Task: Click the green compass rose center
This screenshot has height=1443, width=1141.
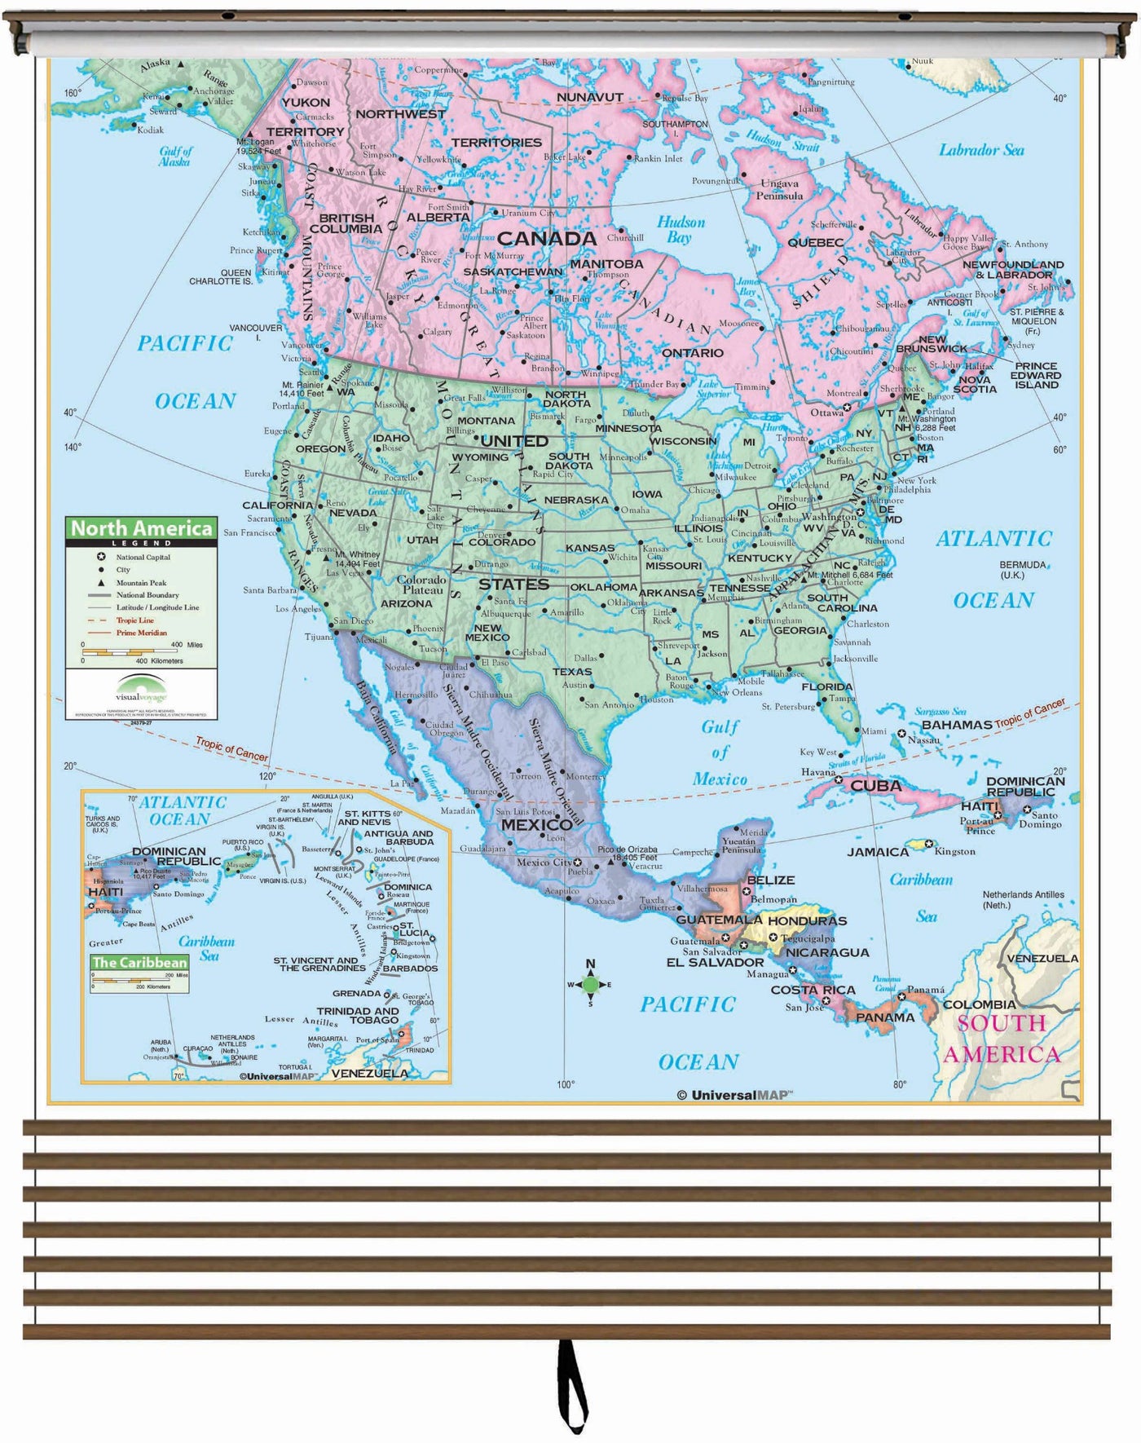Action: pyautogui.click(x=591, y=985)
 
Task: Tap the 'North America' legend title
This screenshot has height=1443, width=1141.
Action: pyautogui.click(x=141, y=528)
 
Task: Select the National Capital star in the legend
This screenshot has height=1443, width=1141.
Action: pyautogui.click(x=101, y=557)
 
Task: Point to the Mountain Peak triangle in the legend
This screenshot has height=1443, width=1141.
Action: pyautogui.click(x=101, y=583)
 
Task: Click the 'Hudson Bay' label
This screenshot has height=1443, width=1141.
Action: pyautogui.click(x=681, y=229)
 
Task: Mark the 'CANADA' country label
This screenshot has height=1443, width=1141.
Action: pyautogui.click(x=546, y=239)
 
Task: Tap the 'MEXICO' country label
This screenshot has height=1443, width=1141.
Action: pyautogui.click(x=536, y=824)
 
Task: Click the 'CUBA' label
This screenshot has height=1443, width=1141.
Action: pyautogui.click(x=876, y=786)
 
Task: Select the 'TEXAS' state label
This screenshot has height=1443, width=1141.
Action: pyautogui.click(x=572, y=672)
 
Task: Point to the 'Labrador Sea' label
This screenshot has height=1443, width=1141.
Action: pyautogui.click(x=981, y=150)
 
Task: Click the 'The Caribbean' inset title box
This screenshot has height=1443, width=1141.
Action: pyautogui.click(x=139, y=963)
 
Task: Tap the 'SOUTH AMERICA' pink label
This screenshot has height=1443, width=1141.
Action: pyautogui.click(x=1002, y=1039)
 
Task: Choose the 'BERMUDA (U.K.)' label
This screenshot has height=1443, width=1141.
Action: pyautogui.click(x=1022, y=569)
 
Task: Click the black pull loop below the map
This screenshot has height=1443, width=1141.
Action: pyautogui.click(x=572, y=1385)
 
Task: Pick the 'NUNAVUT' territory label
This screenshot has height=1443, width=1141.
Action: pyautogui.click(x=589, y=97)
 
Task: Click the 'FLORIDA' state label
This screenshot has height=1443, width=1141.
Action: pyautogui.click(x=826, y=686)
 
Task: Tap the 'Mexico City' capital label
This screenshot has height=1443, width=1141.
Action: pyautogui.click(x=544, y=862)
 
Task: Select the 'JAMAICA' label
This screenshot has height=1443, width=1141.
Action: pyautogui.click(x=878, y=852)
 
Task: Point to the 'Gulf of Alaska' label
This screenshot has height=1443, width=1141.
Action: pyautogui.click(x=175, y=156)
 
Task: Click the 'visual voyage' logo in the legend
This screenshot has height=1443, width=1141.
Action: pyautogui.click(x=141, y=690)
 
